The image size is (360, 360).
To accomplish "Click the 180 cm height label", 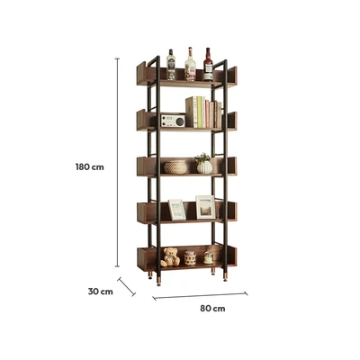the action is (90, 167).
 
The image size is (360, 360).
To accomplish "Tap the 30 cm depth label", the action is (101, 292).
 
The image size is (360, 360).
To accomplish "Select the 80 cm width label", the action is (212, 309).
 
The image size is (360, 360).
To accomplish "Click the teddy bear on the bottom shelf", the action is (170, 257).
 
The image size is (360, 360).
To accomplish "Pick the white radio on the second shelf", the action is (173, 121).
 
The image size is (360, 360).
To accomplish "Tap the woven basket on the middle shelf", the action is (175, 167).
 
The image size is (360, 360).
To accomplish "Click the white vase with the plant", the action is (204, 164).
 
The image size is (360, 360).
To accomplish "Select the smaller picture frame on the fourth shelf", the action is (177, 210).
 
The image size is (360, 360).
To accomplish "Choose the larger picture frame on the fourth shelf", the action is (206, 207).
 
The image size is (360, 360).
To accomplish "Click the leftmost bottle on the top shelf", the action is (171, 65).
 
